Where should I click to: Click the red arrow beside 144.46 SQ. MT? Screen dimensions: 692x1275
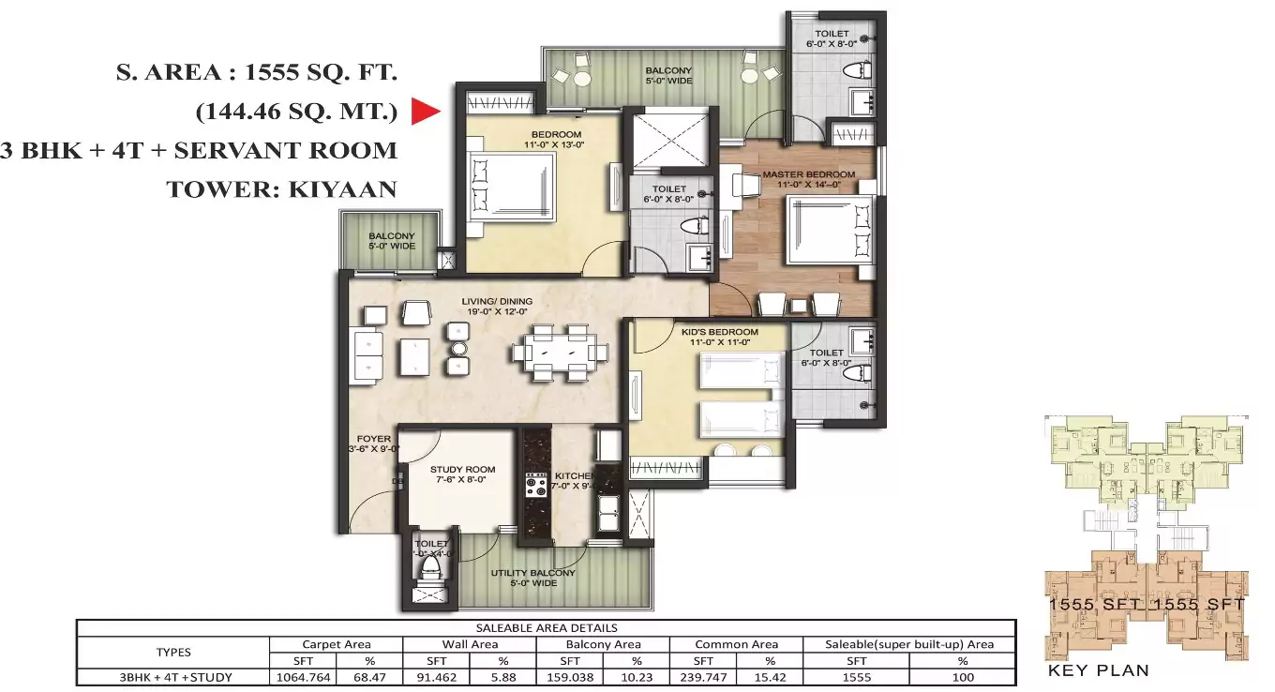pos(426,113)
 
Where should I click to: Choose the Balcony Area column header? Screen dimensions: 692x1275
pos(603,644)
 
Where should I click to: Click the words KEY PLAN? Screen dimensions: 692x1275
pos(1098,670)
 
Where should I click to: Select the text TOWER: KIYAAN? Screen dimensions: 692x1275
pos(281,189)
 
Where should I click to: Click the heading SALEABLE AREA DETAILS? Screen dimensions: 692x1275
pos(546,628)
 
